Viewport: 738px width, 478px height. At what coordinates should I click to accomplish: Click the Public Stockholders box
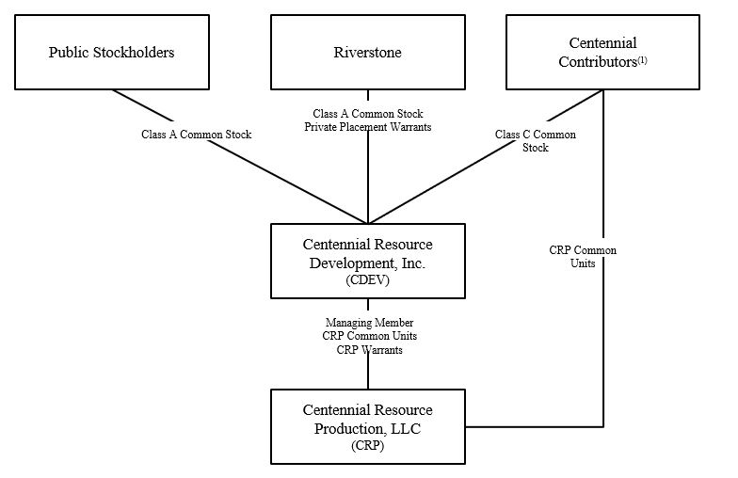pyautogui.click(x=111, y=52)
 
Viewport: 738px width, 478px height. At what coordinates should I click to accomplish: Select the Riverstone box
pyautogui.click(x=367, y=52)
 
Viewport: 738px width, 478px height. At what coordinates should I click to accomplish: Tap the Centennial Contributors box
pyautogui.click(x=602, y=52)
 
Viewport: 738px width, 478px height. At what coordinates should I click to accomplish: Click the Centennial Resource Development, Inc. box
pyautogui.click(x=367, y=261)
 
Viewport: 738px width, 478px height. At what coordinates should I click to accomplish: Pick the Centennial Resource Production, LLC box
pyautogui.click(x=367, y=426)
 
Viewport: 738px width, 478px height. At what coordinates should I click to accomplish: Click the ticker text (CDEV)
pyautogui.click(x=367, y=280)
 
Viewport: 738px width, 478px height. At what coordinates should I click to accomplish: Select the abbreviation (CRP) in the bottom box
pyautogui.click(x=367, y=446)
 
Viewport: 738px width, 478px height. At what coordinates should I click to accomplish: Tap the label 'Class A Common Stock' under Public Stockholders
pyautogui.click(x=197, y=135)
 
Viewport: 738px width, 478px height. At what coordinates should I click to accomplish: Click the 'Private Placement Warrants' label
pyautogui.click(x=367, y=126)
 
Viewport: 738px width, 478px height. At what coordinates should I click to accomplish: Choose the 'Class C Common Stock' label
pyautogui.click(x=535, y=141)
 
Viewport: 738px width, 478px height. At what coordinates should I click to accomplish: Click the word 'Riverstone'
pyautogui.click(x=367, y=52)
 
